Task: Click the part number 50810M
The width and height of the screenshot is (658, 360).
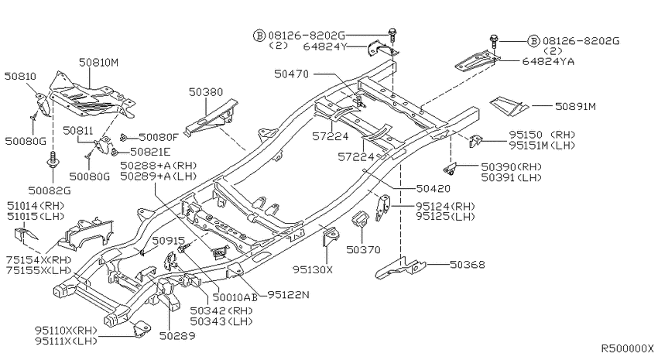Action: pos(98,63)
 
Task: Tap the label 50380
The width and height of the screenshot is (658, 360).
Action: pos(206,92)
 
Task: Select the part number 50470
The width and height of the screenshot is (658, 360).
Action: pos(291,74)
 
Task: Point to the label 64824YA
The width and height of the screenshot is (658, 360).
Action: pos(548,62)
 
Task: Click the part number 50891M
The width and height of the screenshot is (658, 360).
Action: pos(575,107)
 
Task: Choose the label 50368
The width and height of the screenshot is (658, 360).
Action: pos(468,265)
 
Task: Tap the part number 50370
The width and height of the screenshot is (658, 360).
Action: pos(363,250)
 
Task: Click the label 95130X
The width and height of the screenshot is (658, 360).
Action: pos(313,269)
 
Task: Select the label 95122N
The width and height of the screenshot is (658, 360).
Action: pos(288,295)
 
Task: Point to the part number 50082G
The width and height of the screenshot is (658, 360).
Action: pos(50,191)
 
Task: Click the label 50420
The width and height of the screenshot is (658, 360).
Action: pos(434,189)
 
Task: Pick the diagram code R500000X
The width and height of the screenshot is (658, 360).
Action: pos(628,348)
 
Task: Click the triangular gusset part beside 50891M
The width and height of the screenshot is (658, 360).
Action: pos(509,105)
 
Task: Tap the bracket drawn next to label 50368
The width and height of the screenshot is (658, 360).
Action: pos(401,269)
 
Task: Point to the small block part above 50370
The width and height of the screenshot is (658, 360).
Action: pos(358,219)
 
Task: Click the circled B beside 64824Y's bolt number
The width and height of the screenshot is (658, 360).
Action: pos(259,36)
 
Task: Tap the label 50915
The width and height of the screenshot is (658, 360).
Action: pos(168,241)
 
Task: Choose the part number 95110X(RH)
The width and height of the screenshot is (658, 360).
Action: pos(66,331)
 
